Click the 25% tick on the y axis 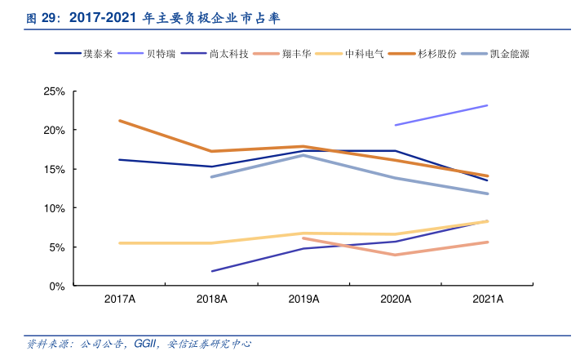point(54,91)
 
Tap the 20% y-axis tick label point(54,131)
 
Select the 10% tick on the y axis point(54,208)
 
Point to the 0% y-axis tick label point(57,287)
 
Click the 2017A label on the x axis point(119,300)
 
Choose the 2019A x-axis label point(303,300)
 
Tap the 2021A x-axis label point(488,300)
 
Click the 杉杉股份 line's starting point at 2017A point(119,121)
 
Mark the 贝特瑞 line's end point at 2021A point(488,105)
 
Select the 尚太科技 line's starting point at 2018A point(212,271)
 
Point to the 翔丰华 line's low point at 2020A point(396,255)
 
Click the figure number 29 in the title point(52,16)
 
